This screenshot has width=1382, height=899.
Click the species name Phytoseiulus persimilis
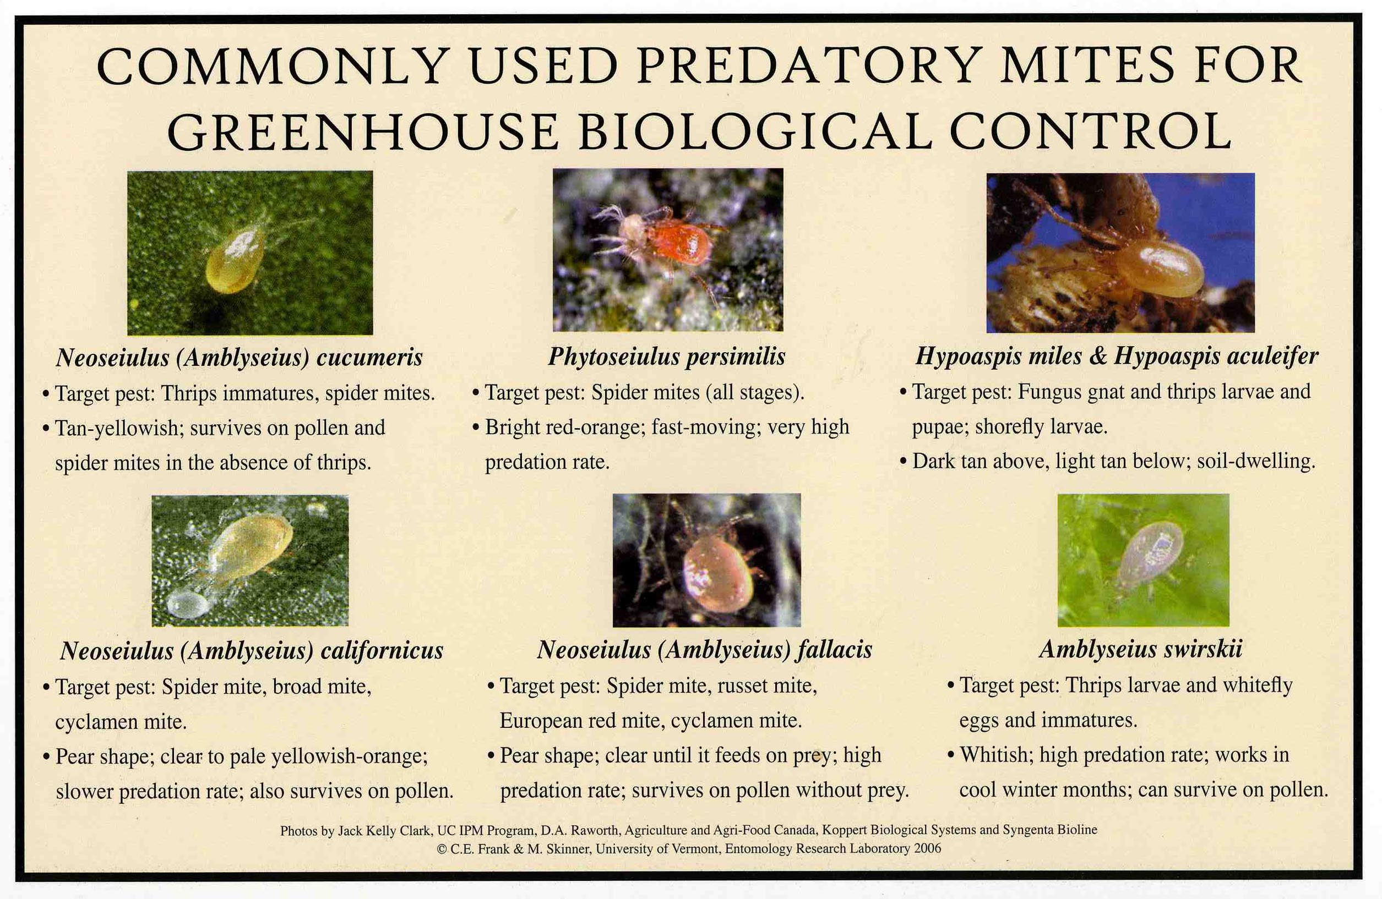[666, 357]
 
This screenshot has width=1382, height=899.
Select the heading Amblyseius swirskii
[1140, 649]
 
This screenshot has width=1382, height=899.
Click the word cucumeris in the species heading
[369, 358]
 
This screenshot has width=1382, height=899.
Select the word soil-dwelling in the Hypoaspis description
[1255, 462]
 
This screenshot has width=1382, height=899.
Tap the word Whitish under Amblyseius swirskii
[995, 755]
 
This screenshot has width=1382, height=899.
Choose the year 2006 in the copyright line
[927, 848]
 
